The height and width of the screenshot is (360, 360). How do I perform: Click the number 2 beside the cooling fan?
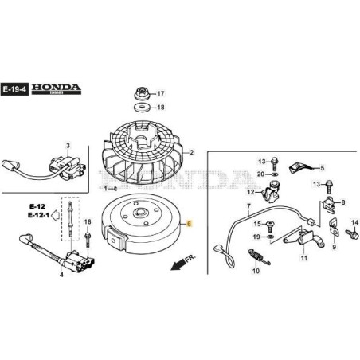[x=191, y=152]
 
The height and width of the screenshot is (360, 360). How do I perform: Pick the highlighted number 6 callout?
[x=190, y=225]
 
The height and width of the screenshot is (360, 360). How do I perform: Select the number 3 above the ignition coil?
[x=68, y=145]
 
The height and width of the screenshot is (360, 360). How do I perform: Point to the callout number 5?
[x=323, y=168]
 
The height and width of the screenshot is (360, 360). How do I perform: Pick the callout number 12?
[x=250, y=192]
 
